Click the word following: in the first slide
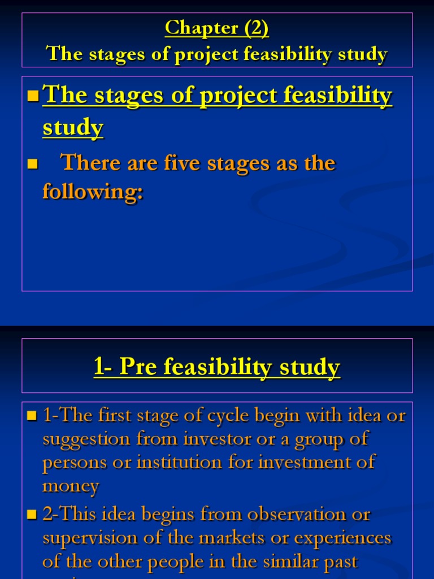tap(93, 192)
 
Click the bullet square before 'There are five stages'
tap(32, 165)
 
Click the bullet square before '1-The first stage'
tap(32, 417)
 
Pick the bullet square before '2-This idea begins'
tap(32, 515)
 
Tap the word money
tap(71, 486)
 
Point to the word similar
tap(270, 561)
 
